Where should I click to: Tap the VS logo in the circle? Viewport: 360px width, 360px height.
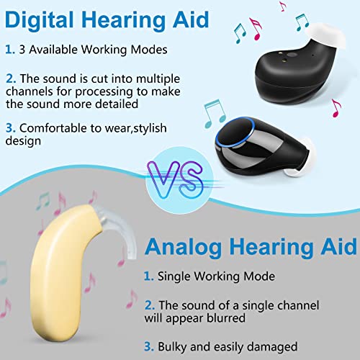pyautogui.click(x=175, y=179)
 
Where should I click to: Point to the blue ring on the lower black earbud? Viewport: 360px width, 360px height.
pyautogui.click(x=235, y=132)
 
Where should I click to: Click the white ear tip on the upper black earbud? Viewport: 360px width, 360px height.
pyautogui.click(x=325, y=35)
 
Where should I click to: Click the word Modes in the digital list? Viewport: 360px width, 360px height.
pyautogui.click(x=149, y=50)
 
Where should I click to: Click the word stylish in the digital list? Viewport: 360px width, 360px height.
pyautogui.click(x=150, y=128)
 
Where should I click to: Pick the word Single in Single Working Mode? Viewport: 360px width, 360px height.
pyautogui.click(x=174, y=276)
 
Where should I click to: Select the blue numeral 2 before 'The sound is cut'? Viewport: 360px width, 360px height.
pyautogui.click(x=11, y=78)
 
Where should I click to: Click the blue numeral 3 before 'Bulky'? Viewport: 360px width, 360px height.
pyautogui.click(x=149, y=347)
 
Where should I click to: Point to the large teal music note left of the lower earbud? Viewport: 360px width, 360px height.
pyautogui.click(x=215, y=113)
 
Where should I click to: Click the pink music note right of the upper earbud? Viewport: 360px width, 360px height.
pyautogui.click(x=336, y=108)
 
